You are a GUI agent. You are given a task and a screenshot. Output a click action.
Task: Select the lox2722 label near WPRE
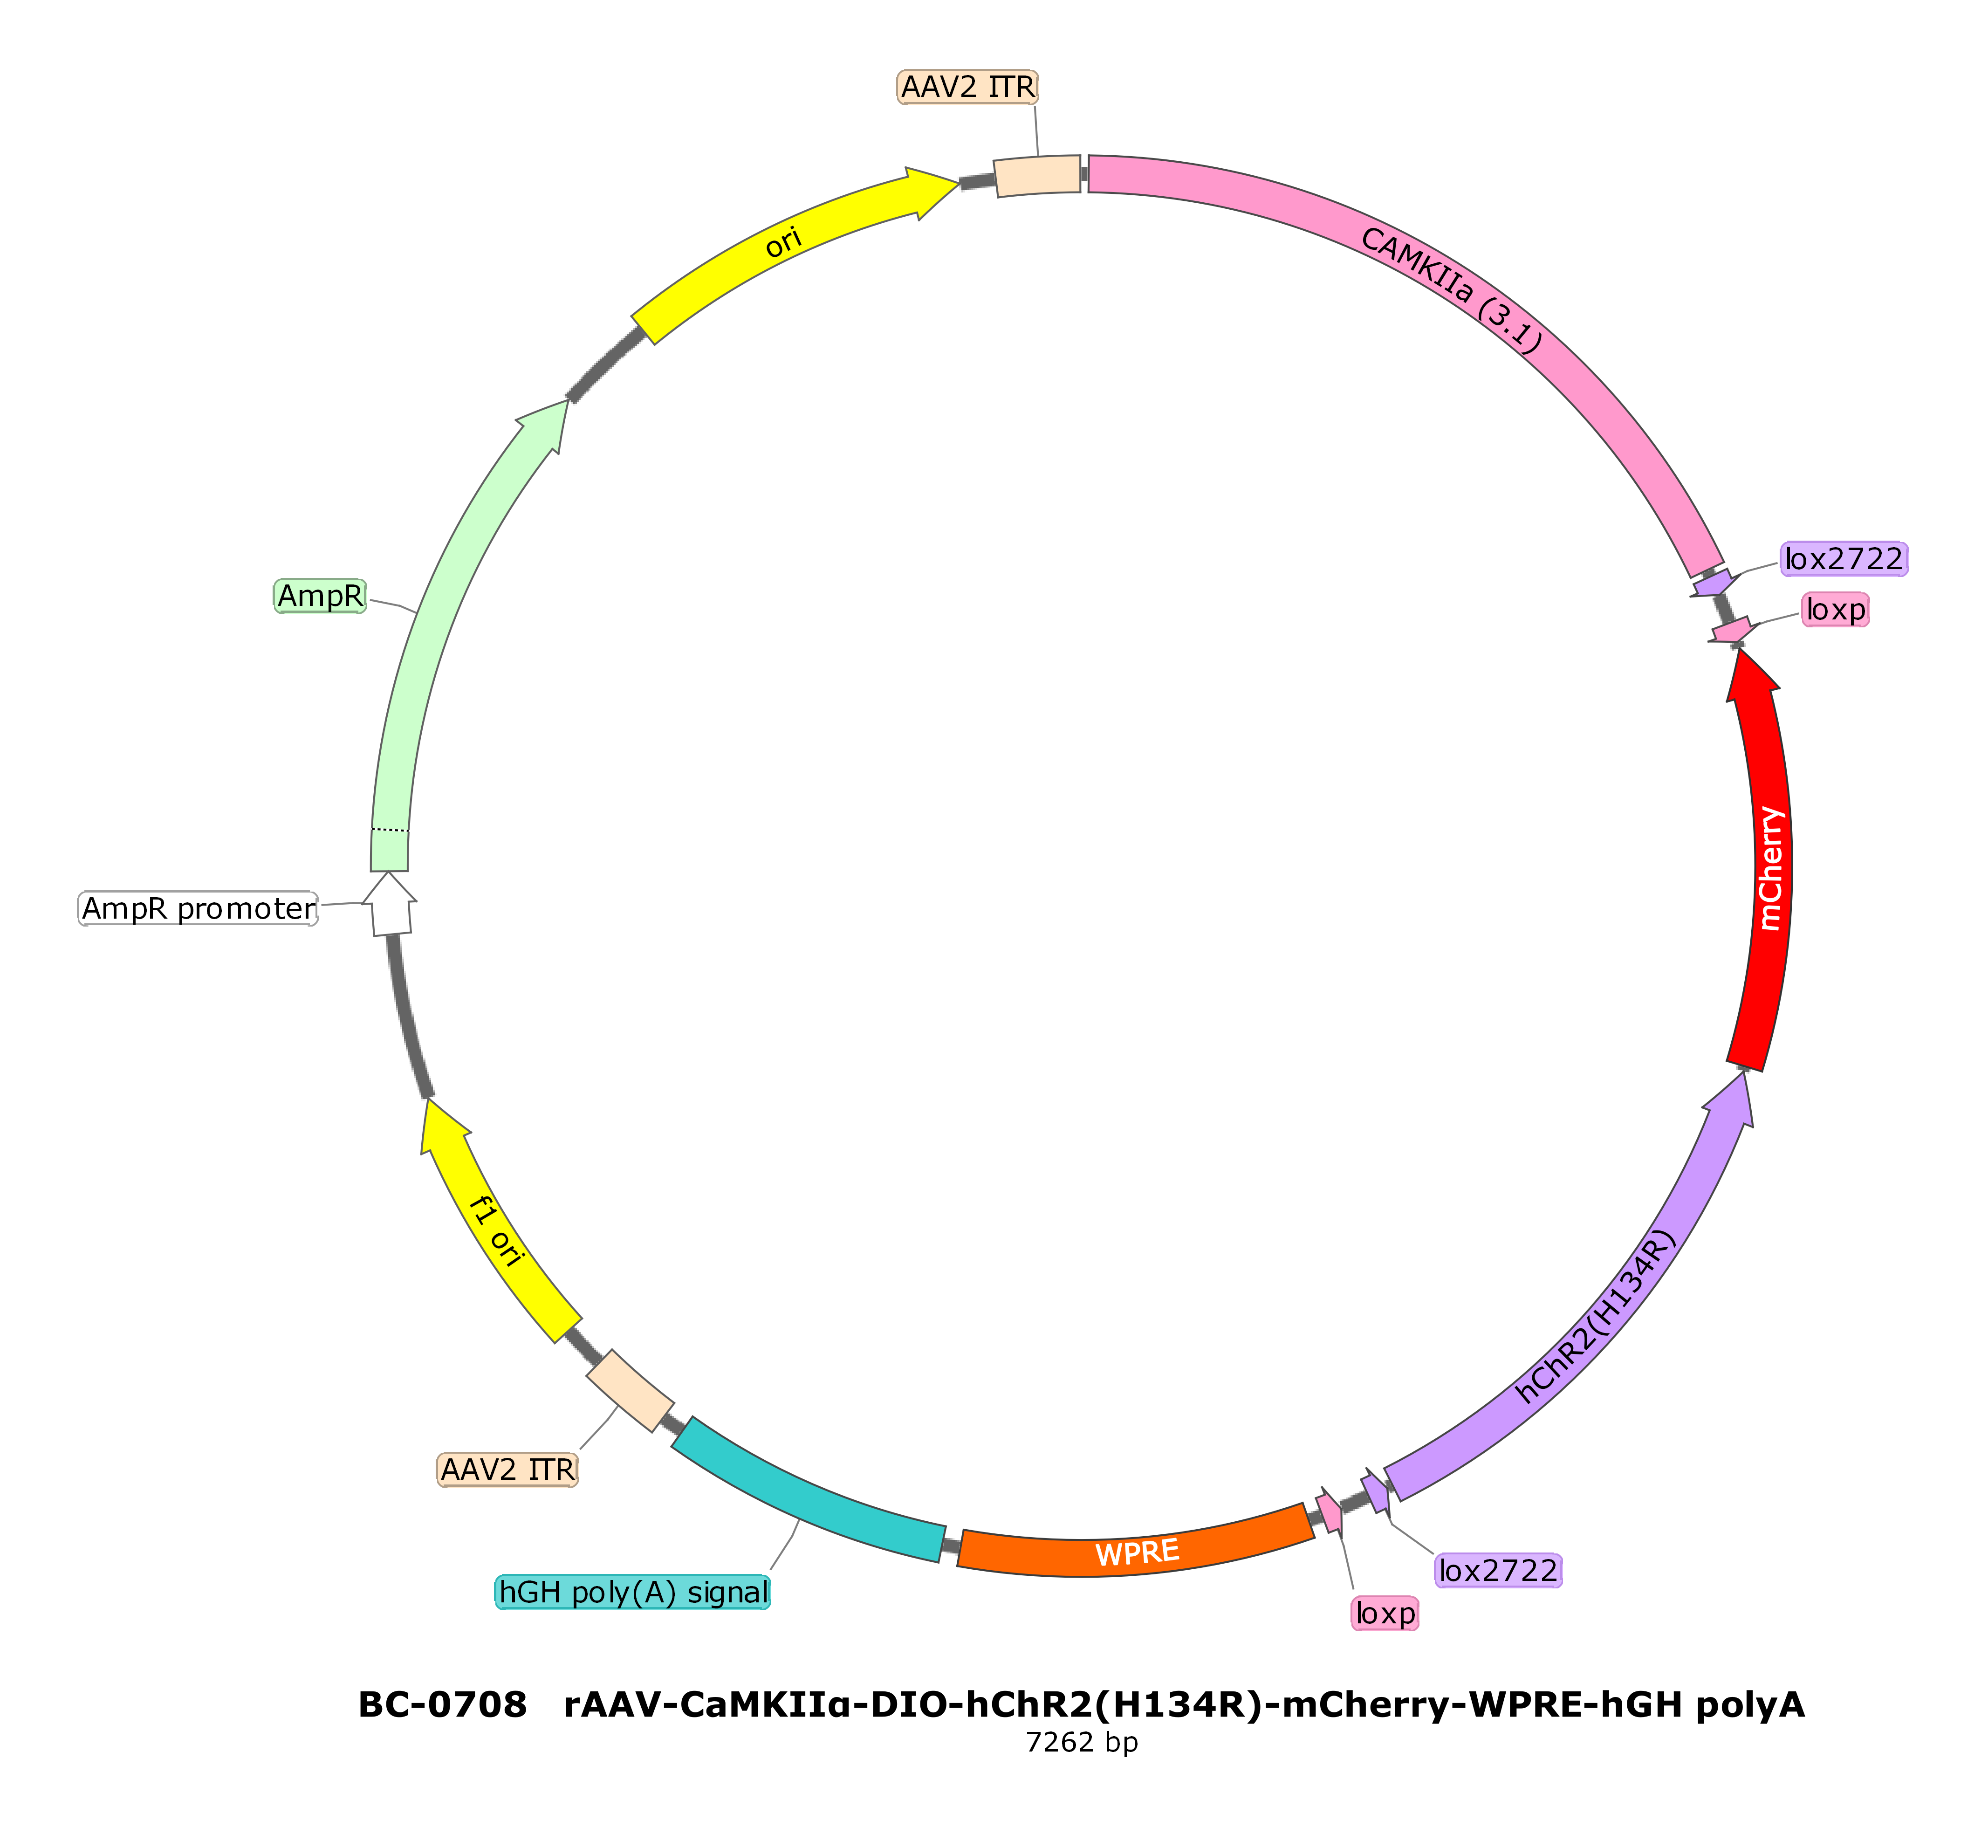[x=1498, y=1571]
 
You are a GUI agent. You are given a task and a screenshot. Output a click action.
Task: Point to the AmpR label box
[x=320, y=596]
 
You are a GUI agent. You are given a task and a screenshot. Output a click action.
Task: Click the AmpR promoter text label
[x=198, y=908]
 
